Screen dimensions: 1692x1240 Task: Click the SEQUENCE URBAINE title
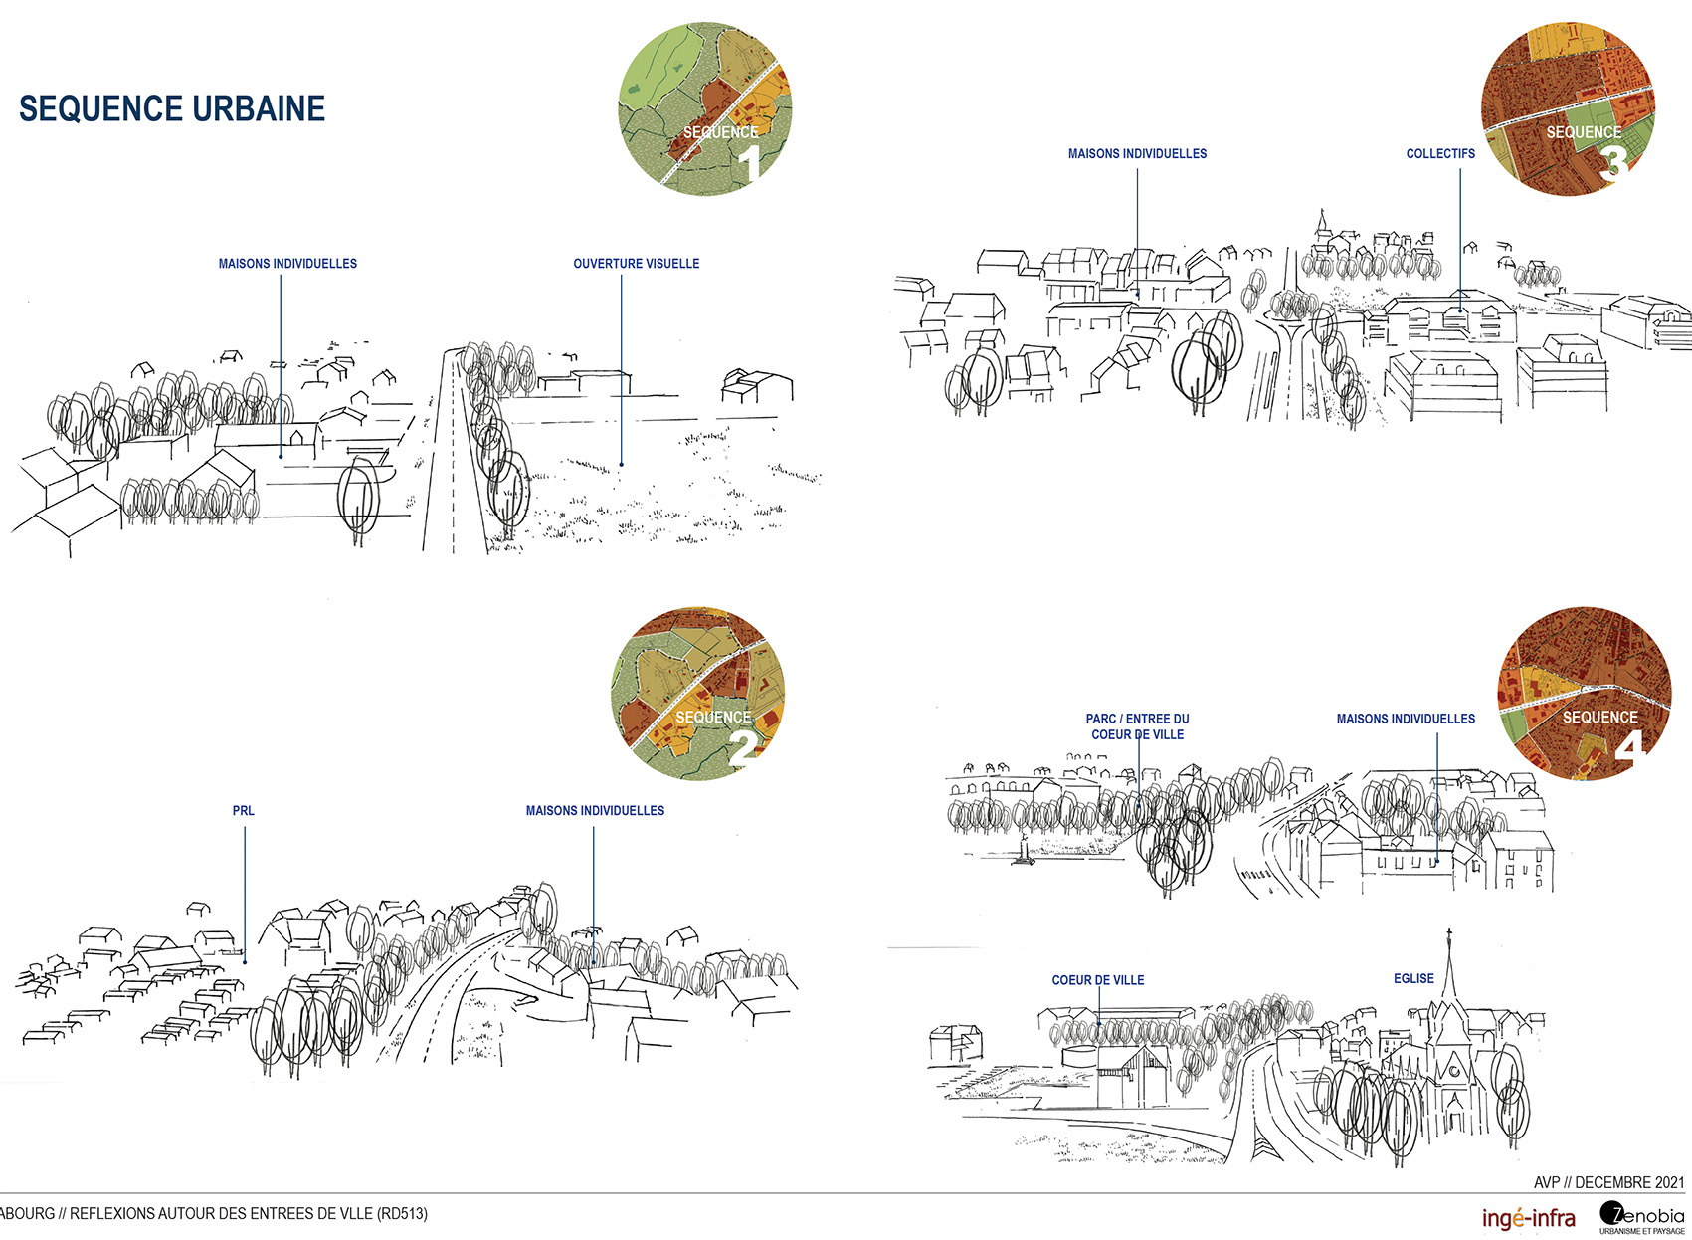[x=172, y=108]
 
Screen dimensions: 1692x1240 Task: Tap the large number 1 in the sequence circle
[x=750, y=163]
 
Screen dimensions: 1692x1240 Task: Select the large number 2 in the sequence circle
[x=743, y=748]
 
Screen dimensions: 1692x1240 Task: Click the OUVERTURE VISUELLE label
[x=636, y=264]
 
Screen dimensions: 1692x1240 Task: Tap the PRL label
[x=244, y=811]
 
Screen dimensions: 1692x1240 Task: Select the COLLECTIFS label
[x=1440, y=154]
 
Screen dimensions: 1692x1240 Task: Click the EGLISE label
[x=1413, y=978]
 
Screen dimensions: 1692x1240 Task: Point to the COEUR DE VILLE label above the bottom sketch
[x=1097, y=980]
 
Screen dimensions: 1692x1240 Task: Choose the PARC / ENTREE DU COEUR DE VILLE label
[x=1138, y=726]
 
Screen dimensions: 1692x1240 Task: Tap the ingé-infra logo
[x=1528, y=1218]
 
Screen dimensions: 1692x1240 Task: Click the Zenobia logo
[x=1641, y=1217]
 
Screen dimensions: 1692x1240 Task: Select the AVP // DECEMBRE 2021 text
[x=1608, y=1182]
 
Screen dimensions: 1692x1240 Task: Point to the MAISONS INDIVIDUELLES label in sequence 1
[x=287, y=264]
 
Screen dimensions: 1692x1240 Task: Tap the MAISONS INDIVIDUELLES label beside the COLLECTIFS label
[x=1137, y=154]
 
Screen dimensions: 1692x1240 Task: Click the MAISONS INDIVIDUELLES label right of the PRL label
[x=595, y=811]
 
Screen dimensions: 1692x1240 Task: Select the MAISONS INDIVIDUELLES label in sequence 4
[x=1406, y=719]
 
